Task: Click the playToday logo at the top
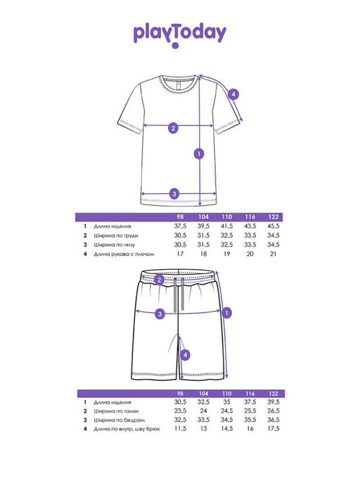point(180,35)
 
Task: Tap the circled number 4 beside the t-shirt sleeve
point(233,94)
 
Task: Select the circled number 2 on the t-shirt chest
point(173,128)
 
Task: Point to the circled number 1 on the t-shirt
point(199,153)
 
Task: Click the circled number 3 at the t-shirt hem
point(174,193)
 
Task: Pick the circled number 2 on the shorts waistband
point(159,280)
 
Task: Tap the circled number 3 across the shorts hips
point(160,313)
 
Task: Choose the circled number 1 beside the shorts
point(226,313)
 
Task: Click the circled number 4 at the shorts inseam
point(185,355)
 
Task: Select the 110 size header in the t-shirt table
point(226,216)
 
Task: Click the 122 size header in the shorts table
point(274,394)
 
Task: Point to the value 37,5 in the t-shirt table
point(180,226)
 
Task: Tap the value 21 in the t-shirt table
point(273,254)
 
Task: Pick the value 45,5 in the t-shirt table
point(274,226)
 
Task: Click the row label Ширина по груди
point(116,235)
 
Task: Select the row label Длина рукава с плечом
point(124,254)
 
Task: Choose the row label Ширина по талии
point(116,411)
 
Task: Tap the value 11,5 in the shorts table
point(180,429)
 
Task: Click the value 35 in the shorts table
point(226,402)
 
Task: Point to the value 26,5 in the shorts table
point(274,411)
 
